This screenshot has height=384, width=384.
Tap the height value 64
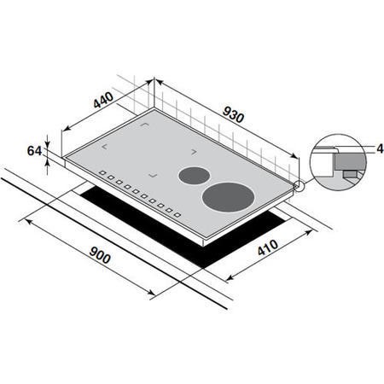pos(35,151)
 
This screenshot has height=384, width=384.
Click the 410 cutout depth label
pos(264,252)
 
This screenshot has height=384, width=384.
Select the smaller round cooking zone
pos(193,176)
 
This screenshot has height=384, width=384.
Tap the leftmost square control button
pos(102,176)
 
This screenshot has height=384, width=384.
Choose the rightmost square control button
pos(177,214)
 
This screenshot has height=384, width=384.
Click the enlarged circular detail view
pos(338,159)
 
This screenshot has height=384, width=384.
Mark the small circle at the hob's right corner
pos(298,186)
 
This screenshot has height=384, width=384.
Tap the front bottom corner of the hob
pos(203,242)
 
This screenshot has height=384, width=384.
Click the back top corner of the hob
pos(154,108)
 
